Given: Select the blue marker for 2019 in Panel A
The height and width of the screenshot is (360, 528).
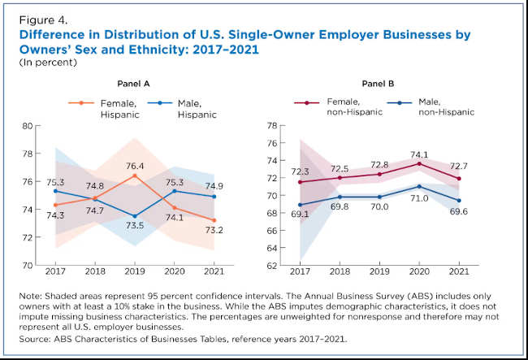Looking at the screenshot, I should pos(135,216).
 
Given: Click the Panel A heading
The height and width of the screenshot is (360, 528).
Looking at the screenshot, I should pos(134,85).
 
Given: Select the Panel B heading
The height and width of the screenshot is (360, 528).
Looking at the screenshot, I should pos(379,85).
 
